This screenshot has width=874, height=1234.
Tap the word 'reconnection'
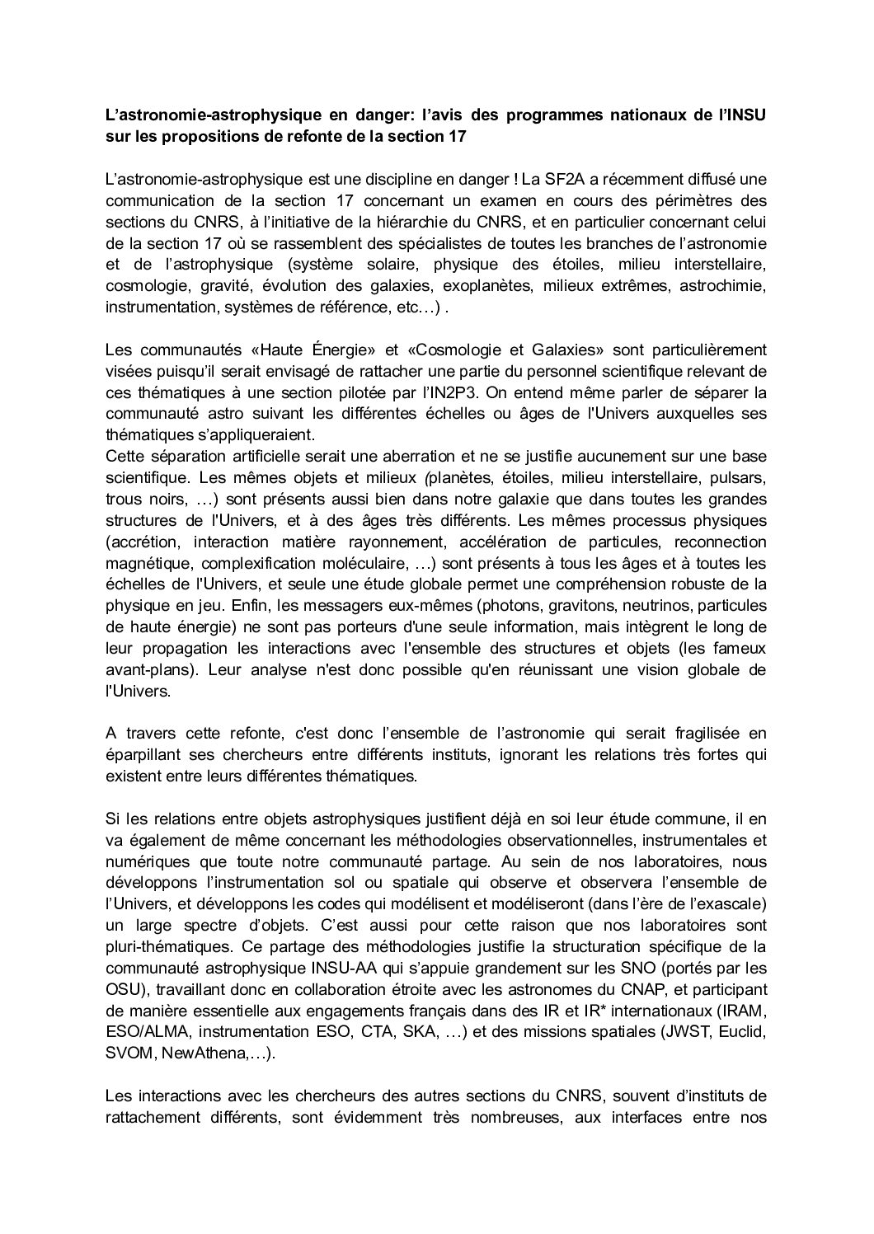pos(720,542)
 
